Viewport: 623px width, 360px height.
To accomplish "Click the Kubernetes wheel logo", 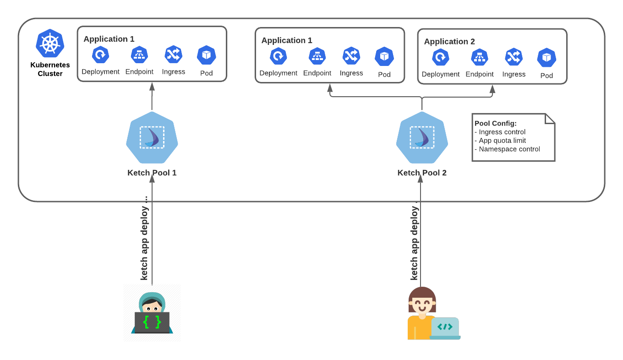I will click(50, 43).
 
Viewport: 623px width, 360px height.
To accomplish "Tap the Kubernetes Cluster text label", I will click(50, 69).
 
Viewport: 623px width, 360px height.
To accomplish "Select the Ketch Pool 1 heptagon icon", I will click(152, 137).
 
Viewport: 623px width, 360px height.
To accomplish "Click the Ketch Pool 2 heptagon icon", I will click(422, 137).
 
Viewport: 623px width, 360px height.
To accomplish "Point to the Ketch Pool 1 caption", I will click(152, 173).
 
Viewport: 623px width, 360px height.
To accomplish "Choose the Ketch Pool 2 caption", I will click(422, 173).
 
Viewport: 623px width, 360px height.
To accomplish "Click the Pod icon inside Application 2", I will click(546, 58).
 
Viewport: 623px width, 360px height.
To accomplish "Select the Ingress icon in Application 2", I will click(514, 57).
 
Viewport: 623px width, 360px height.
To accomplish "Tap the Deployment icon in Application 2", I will click(441, 57).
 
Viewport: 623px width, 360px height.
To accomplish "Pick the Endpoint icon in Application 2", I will click(480, 57).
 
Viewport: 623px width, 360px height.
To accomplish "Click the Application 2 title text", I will click(449, 42).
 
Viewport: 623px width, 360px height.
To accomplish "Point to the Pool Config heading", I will click(496, 123).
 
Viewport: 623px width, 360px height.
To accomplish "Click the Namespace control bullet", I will click(507, 149).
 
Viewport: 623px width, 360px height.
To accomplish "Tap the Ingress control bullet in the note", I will click(500, 132).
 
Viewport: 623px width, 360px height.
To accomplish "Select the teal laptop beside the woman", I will click(445, 327).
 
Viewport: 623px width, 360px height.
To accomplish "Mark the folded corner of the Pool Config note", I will click(550, 119).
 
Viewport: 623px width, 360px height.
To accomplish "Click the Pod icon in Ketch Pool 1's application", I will click(207, 55).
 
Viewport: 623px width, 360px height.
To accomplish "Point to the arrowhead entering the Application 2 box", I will click(492, 88).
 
